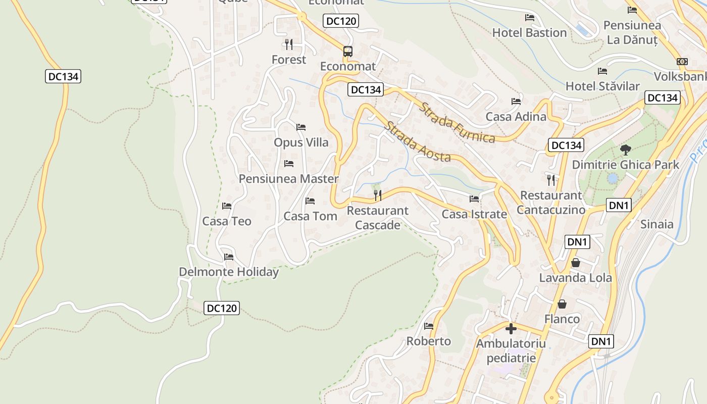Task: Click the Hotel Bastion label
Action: point(529,33)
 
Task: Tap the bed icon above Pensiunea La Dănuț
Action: point(632,10)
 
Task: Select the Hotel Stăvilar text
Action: point(602,86)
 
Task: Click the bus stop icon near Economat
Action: point(348,51)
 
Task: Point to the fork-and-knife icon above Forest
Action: point(288,44)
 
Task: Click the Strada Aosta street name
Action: point(417,142)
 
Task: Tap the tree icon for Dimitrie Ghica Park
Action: point(626,149)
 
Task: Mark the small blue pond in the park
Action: point(613,178)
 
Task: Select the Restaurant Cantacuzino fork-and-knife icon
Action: point(551,180)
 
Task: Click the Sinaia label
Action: point(656,224)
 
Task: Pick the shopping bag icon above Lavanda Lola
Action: point(575,263)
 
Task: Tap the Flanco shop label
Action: point(562,319)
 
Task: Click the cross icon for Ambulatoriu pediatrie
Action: point(511,329)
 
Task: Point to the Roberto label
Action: point(429,341)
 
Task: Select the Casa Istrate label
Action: point(474,214)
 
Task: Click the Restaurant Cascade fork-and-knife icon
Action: point(378,195)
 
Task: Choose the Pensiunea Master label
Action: point(288,179)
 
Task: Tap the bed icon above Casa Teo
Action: point(227,206)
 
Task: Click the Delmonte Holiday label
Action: point(229,272)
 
